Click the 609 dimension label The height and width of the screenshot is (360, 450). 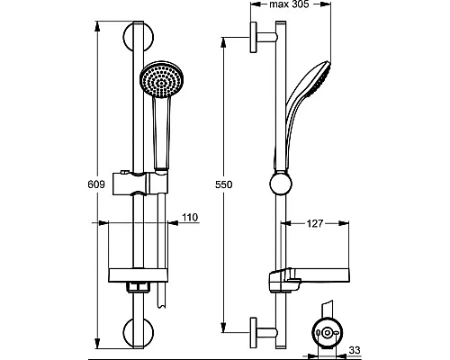pos(96,184)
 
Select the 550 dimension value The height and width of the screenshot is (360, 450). pos(224,184)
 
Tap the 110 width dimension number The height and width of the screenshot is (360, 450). pos(190,217)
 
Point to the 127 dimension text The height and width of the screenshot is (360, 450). pos(315,223)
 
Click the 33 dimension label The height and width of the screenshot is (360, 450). pos(355,350)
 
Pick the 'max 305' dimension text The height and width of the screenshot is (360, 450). pos(289,4)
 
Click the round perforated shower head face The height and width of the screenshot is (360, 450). pos(162,79)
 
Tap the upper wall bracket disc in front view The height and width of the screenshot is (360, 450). pos(138,37)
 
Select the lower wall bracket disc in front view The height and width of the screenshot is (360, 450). pos(138,332)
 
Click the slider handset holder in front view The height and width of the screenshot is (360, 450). pos(140,184)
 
